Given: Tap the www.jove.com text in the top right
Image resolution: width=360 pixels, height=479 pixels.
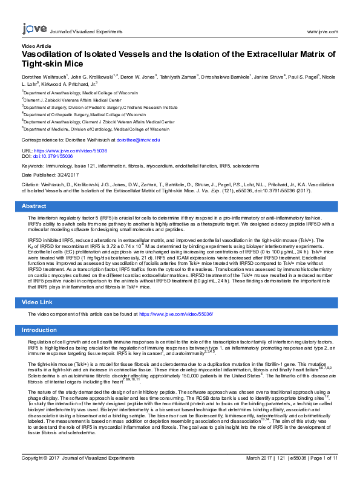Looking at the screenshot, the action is pos(322,31).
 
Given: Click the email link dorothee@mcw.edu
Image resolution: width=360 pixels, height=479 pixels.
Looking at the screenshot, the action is pos(138,140).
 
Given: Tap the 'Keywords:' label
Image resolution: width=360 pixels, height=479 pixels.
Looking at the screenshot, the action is pos(33,164).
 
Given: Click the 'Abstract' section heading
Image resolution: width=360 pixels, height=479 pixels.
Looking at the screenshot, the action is pos(34,206).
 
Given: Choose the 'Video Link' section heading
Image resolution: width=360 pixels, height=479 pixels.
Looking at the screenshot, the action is pos(38,301).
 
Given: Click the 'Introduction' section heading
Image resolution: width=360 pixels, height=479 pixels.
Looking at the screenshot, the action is pos(39,330).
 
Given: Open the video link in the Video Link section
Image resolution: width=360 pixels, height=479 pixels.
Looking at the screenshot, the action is pos(176,314).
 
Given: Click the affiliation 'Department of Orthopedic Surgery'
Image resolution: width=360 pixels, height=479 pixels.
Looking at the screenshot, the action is pos(85,114).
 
